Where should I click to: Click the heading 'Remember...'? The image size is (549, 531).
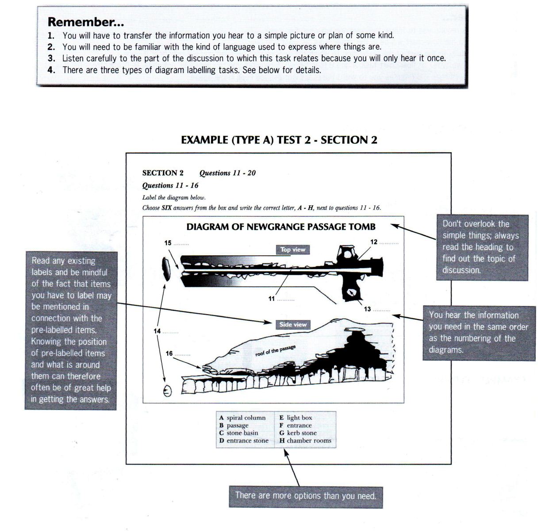tap(86, 22)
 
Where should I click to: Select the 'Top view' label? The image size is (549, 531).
tap(292, 250)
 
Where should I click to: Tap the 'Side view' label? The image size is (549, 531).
tap(292, 324)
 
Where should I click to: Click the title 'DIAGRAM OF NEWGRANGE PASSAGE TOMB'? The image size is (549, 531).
tap(280, 227)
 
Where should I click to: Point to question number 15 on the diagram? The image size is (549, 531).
tap(168, 243)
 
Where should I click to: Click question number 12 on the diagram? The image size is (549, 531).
tap(374, 242)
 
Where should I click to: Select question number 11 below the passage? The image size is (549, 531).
tap(272, 299)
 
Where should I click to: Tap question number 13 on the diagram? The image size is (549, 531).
tap(367, 309)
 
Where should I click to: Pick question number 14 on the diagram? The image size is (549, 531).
tap(157, 331)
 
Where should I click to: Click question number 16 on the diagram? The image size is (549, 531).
tap(169, 353)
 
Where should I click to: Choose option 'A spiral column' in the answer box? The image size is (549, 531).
tap(242, 418)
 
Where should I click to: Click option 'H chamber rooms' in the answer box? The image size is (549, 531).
tap(305, 441)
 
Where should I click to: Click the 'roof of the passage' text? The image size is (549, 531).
tap(275, 351)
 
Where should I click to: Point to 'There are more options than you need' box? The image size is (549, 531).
tap(305, 496)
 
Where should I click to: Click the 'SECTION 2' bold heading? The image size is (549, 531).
tap(163, 173)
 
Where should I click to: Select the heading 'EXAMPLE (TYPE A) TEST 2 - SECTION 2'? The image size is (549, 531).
tap(279, 140)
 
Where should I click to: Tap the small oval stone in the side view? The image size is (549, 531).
tap(167, 391)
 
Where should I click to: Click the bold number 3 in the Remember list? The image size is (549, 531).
tap(51, 58)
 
